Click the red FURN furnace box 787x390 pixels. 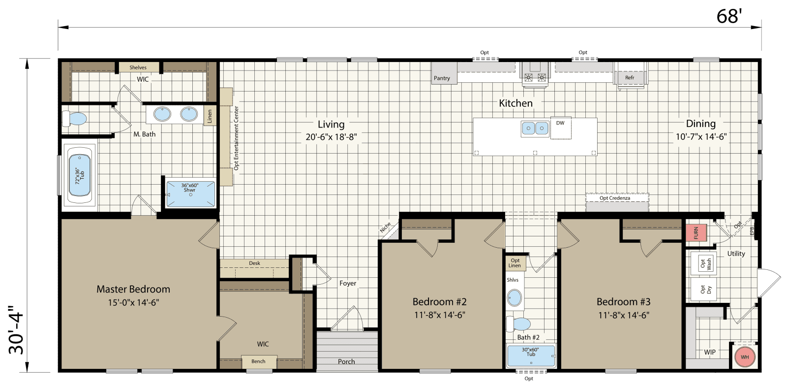(696, 232)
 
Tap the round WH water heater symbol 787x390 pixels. (745, 357)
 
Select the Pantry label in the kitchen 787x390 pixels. (442, 78)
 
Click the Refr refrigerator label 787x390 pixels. (630, 78)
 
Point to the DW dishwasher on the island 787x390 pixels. (560, 123)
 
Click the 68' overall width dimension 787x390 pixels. (728, 17)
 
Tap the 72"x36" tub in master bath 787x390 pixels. (80, 175)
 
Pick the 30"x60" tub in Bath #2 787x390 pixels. (531, 356)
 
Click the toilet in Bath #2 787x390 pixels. (519, 324)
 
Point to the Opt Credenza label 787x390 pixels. (615, 198)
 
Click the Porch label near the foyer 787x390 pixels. (346, 361)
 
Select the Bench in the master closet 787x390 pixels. (258, 361)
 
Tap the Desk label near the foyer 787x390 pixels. (254, 263)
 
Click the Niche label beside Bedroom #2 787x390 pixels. (386, 227)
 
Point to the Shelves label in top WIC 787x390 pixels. (138, 67)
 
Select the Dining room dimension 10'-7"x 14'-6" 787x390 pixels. (701, 137)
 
